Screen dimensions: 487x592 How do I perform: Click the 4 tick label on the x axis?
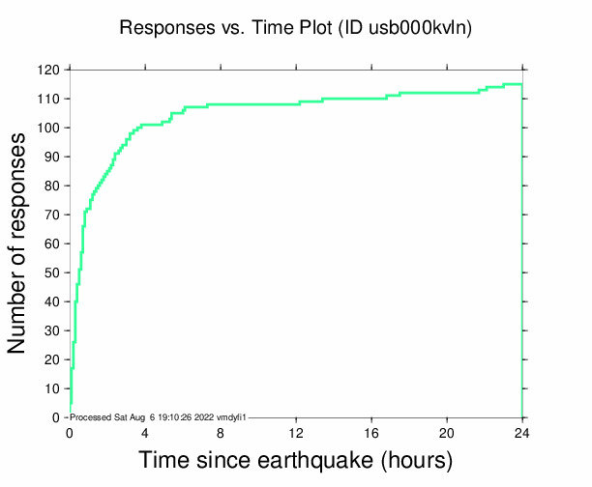pos(145,431)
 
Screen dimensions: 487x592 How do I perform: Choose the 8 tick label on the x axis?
pos(221,431)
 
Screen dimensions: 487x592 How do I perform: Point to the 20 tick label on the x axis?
pos(447,431)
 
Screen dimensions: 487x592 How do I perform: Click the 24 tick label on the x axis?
pos(522,431)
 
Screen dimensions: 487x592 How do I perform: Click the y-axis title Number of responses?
pos(18,243)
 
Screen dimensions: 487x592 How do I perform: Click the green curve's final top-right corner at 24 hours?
pos(522,84)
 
